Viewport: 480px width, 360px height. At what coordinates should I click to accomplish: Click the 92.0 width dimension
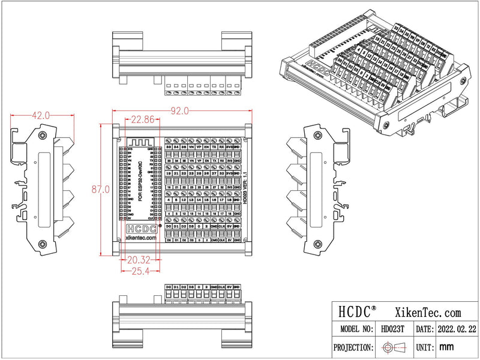coord(180,110)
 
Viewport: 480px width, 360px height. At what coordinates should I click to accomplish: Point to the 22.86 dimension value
coord(142,119)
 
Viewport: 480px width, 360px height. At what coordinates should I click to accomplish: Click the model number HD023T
coord(392,329)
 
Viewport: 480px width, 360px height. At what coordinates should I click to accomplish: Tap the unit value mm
coord(446,347)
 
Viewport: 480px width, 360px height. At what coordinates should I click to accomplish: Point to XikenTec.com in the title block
coord(428,312)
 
